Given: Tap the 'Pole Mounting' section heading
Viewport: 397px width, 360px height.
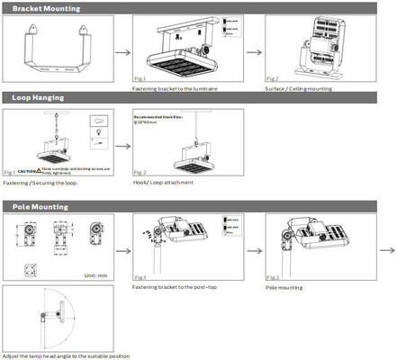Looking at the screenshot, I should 40,207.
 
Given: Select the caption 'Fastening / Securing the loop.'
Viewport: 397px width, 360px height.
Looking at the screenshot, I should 41,184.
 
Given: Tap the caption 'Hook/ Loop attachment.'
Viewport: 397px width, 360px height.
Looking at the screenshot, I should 167,184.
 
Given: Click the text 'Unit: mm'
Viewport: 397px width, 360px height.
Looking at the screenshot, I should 96,275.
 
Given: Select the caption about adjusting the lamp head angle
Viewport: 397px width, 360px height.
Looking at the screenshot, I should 66,355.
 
